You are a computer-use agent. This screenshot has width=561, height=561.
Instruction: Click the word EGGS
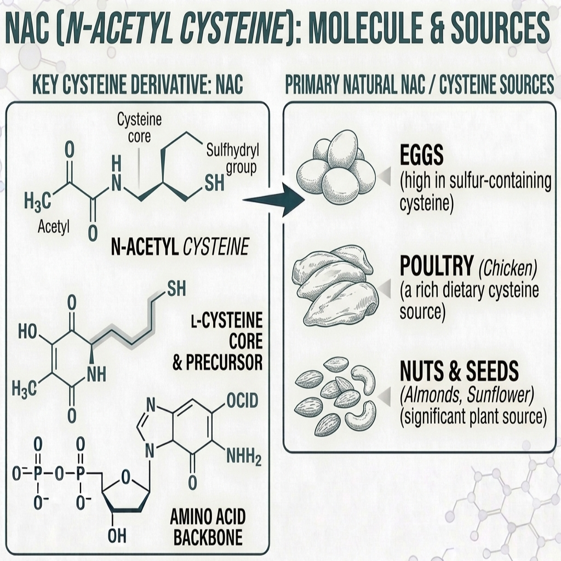tap(421, 155)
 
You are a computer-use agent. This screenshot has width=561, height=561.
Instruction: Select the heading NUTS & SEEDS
tap(460, 371)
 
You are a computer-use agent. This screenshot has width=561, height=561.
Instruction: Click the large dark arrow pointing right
tap(274, 200)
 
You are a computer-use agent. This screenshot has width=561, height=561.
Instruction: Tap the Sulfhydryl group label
tap(233, 159)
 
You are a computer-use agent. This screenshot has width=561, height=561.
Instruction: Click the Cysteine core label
tap(140, 128)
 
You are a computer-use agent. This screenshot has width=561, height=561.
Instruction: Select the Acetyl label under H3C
tap(54, 226)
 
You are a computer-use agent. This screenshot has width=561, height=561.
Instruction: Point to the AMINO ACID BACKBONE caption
tap(208, 526)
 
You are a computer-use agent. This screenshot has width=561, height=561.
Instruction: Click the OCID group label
tap(242, 400)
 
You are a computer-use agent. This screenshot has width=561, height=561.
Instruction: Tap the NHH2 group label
tap(244, 457)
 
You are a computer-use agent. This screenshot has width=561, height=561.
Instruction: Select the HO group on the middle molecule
tap(27, 331)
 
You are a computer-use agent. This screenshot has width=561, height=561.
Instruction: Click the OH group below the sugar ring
tap(117, 536)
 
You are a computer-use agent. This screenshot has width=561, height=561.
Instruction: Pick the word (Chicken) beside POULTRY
tap(508, 267)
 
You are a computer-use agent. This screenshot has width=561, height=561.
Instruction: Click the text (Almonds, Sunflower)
tap(467, 394)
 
